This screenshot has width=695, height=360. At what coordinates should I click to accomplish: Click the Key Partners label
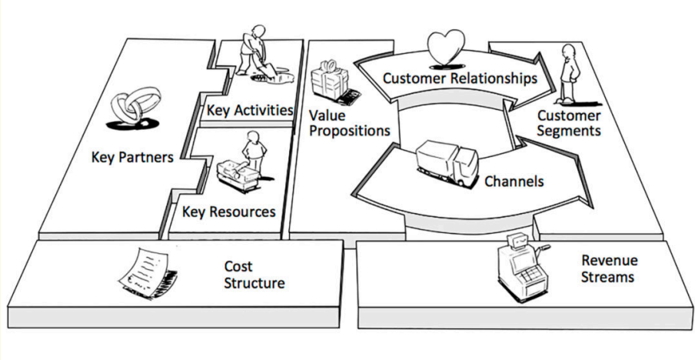(132, 158)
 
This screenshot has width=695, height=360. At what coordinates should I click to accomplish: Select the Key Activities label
(250, 110)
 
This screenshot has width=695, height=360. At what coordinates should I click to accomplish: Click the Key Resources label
(229, 211)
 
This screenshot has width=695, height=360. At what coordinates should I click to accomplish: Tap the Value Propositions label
(349, 123)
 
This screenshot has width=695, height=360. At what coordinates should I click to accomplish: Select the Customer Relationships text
(459, 78)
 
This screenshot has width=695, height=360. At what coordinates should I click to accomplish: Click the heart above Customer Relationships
(447, 47)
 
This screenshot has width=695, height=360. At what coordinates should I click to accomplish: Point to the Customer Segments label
(569, 123)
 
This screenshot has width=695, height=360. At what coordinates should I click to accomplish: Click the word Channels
(514, 182)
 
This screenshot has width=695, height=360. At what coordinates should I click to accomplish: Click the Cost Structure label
(254, 275)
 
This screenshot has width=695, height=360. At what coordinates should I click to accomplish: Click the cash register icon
(520, 266)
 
